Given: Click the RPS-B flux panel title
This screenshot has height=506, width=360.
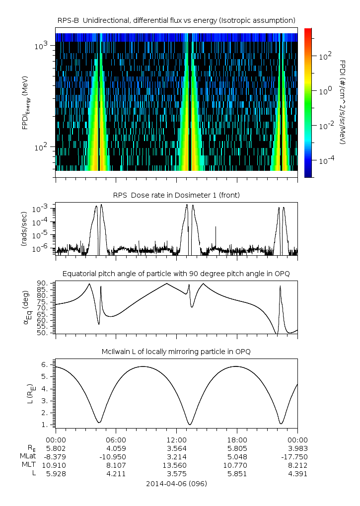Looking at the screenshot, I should click(176, 20).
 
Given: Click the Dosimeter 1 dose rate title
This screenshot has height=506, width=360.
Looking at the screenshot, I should click(176, 195).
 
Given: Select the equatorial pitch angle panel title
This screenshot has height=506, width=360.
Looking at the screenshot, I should click(176, 274).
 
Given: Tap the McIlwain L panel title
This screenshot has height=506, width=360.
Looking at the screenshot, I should click(176, 352).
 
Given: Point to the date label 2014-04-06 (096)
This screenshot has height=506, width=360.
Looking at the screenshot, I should click(176, 483).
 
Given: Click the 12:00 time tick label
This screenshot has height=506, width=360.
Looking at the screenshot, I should click(177, 439).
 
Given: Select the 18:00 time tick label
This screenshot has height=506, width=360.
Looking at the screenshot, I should click(237, 439).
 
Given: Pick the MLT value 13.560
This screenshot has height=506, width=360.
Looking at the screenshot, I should click(177, 465).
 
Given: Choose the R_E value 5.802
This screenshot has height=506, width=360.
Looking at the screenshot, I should click(56, 448).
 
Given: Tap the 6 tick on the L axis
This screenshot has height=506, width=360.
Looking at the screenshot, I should click(45, 364).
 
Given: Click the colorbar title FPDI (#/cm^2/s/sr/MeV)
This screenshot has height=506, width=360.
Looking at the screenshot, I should click(342, 102).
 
